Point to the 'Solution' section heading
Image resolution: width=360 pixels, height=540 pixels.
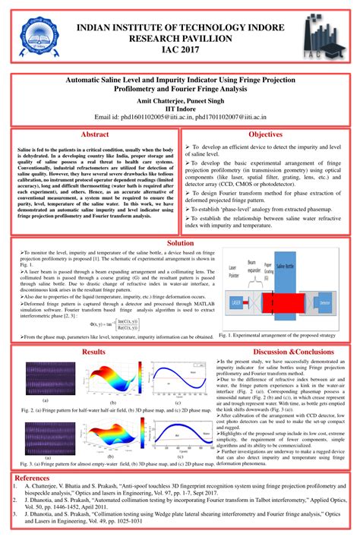point(180,244)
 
